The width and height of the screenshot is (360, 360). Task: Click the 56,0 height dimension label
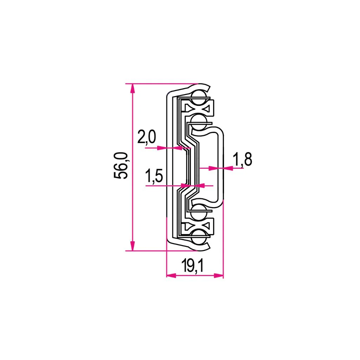[x=121, y=166]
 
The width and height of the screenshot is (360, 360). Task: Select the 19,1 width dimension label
[x=192, y=265]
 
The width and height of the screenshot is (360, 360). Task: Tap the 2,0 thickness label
[x=147, y=137]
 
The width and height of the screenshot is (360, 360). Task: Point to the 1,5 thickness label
[x=154, y=176]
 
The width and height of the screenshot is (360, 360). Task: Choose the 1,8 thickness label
[x=243, y=159]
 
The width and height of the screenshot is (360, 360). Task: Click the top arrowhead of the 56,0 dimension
[x=132, y=88]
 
